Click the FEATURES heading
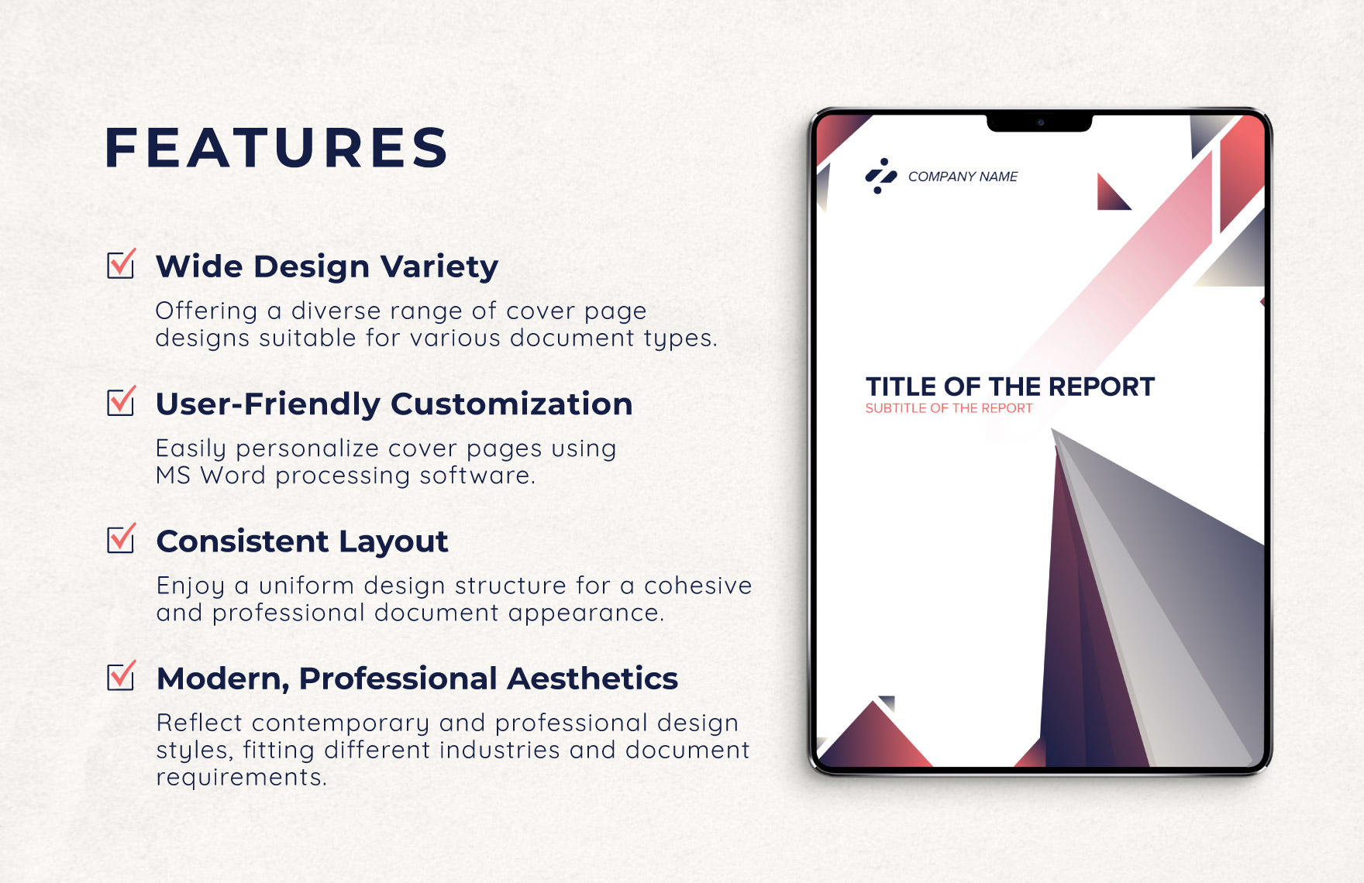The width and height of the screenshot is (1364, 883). [x=277, y=148]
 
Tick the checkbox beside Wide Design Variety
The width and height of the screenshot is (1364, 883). [x=121, y=265]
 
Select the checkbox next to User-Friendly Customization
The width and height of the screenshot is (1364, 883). [x=121, y=402]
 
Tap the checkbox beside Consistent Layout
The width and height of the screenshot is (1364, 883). [x=121, y=539]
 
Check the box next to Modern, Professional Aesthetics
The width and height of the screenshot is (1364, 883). [x=121, y=676]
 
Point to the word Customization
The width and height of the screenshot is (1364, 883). [x=511, y=404]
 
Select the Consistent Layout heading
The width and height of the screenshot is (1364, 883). [x=302, y=541]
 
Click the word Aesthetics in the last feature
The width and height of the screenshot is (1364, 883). [x=592, y=679]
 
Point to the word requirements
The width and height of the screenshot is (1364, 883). [x=240, y=777]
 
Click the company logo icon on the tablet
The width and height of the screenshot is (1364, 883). [x=880, y=176]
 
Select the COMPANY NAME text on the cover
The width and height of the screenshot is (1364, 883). [x=963, y=177]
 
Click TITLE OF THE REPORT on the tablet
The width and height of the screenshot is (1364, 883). [x=1010, y=387]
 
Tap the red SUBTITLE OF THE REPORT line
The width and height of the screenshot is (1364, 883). [x=949, y=408]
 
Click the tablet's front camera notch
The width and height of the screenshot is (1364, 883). [x=1039, y=122]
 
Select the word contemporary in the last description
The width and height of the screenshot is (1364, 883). [x=340, y=723]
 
